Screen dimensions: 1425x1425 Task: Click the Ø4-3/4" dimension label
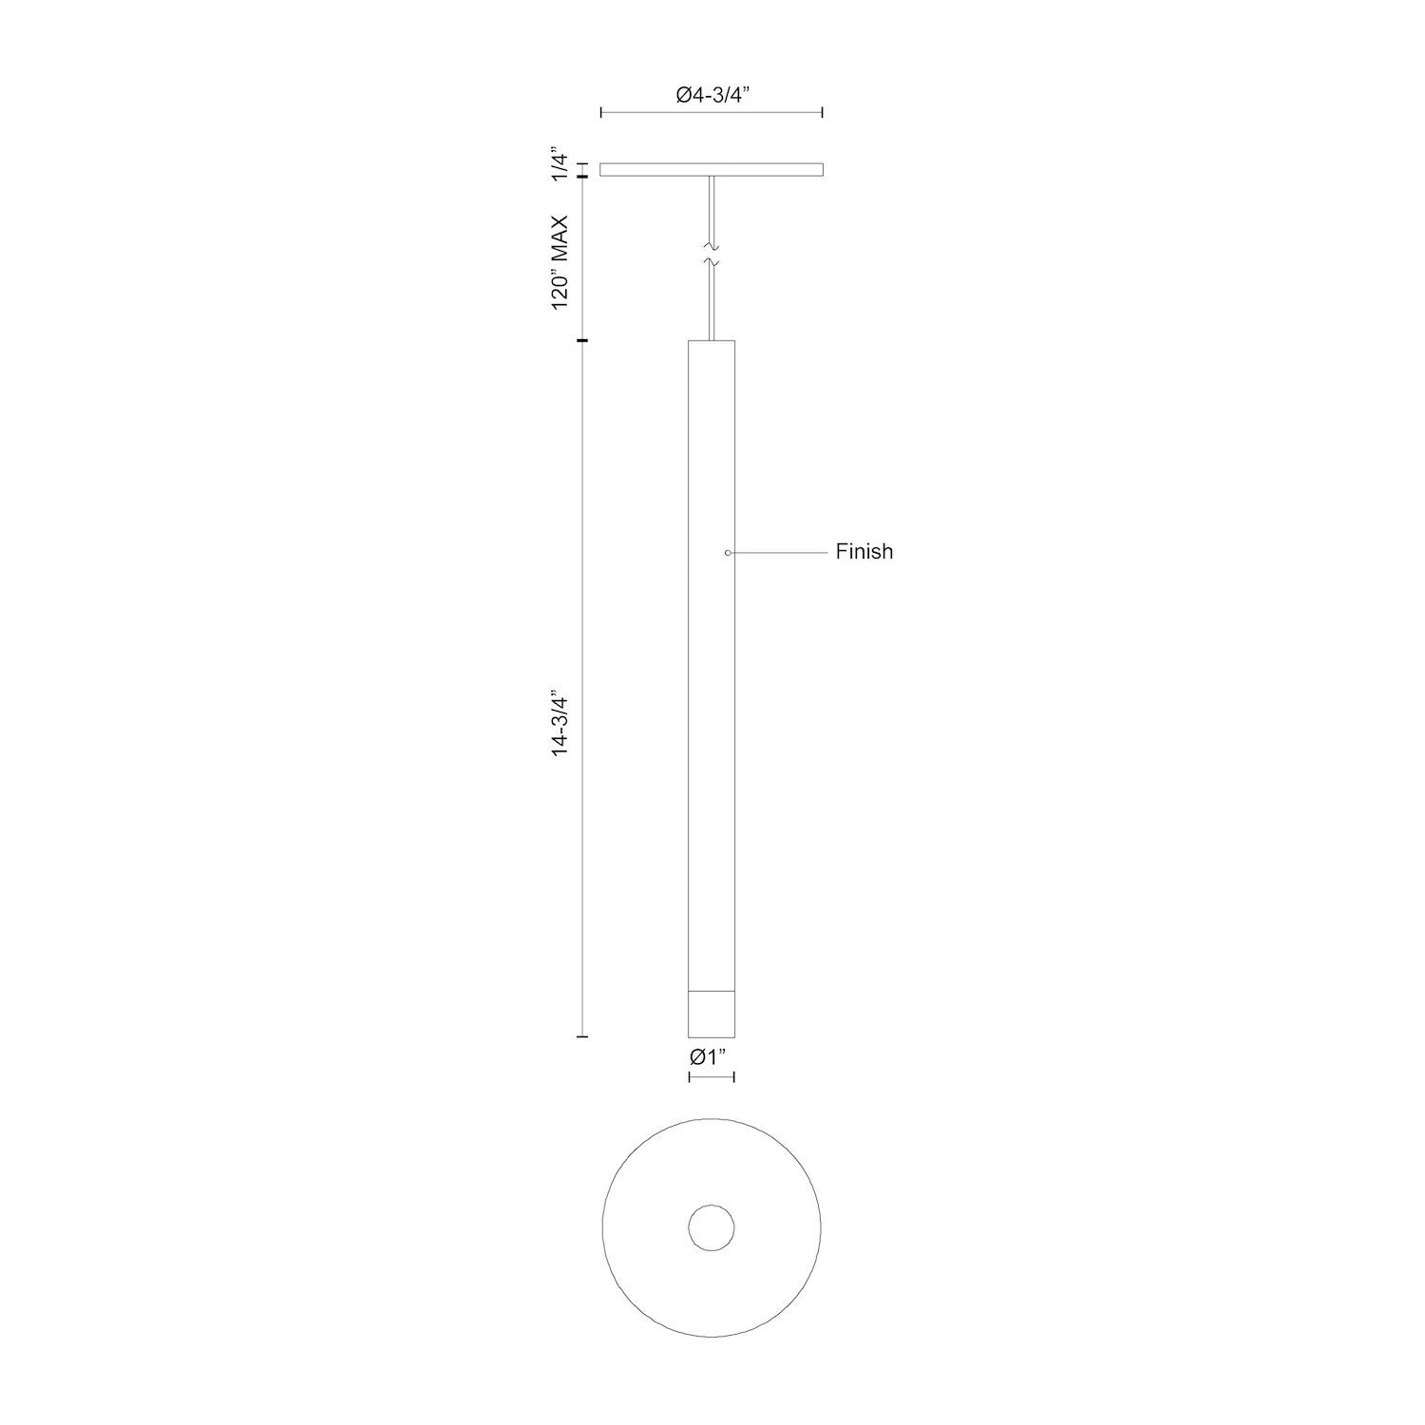click(712, 94)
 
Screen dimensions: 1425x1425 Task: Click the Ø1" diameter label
click(711, 1056)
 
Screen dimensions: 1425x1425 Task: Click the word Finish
click(864, 552)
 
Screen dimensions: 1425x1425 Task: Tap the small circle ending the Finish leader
click(728, 552)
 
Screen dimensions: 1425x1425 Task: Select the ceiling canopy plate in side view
click(712, 170)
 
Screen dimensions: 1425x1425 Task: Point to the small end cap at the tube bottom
click(711, 1014)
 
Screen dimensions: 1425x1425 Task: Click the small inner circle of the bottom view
click(712, 1227)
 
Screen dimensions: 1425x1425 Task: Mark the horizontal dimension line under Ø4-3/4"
click(712, 113)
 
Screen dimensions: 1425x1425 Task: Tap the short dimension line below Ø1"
click(712, 1076)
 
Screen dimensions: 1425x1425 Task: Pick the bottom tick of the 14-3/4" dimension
click(582, 1036)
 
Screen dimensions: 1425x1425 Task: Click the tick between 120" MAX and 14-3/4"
click(582, 340)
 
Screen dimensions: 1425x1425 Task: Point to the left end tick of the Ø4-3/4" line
click(601, 113)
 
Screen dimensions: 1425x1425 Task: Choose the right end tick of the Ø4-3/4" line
click(822, 113)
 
